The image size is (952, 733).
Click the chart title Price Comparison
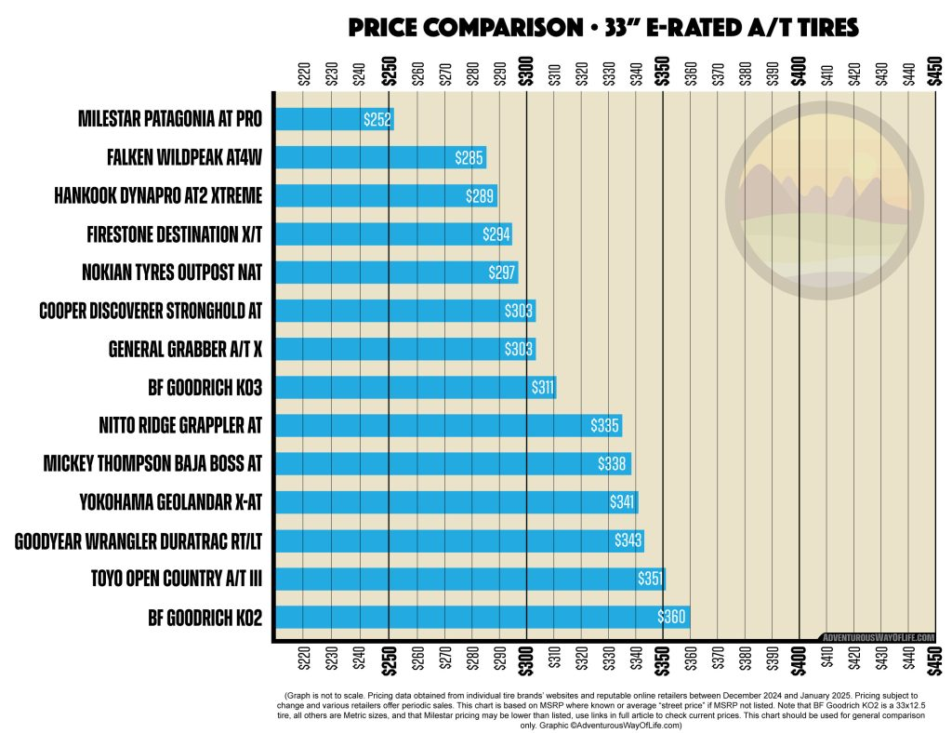[602, 28]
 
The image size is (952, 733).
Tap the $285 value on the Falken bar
[469, 157]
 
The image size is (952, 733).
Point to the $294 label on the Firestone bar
[496, 234]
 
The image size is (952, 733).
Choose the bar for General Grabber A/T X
[405, 349]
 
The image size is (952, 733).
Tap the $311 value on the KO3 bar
[542, 387]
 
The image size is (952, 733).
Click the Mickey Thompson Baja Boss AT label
[153, 463]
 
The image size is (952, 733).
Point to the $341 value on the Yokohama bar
[623, 502]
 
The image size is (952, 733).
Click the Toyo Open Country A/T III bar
[470, 579]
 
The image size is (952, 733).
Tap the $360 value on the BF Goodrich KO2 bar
[672, 617]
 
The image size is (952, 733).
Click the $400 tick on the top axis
[799, 72]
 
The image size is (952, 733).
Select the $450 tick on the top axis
[934, 72]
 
